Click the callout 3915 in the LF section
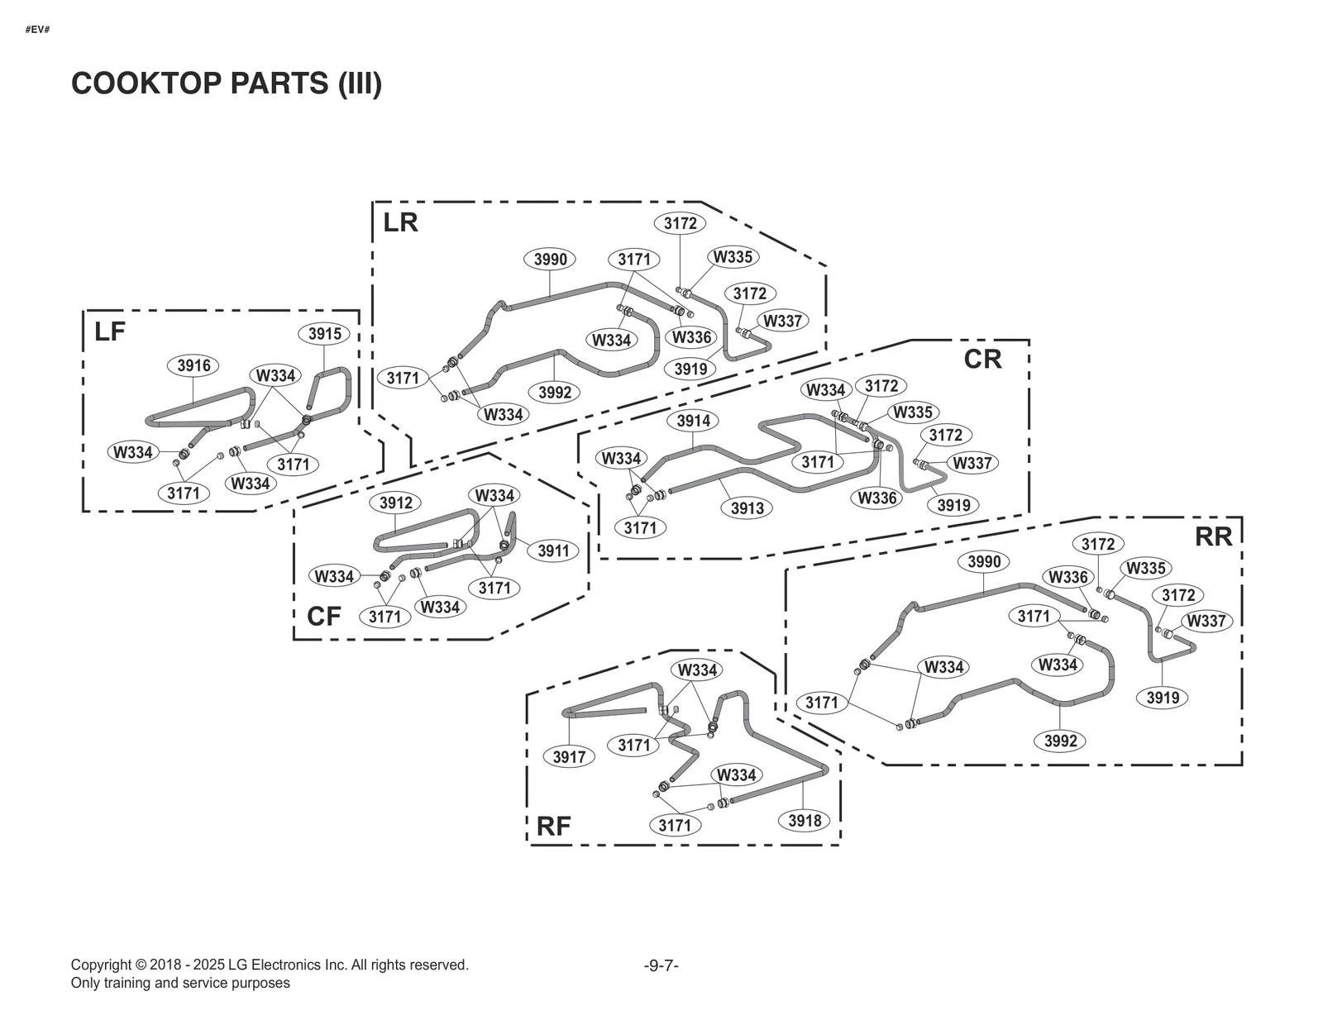324,334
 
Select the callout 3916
193,365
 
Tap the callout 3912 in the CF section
395,503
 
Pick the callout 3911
553,551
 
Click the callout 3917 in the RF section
569,756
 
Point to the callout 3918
805,820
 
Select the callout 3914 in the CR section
693,421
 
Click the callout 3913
747,508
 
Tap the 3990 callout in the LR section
550,260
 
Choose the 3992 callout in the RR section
1060,741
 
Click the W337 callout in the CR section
972,463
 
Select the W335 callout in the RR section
1145,568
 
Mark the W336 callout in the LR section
691,337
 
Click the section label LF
110,331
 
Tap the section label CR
982,359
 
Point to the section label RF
553,826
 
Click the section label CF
323,617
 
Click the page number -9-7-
661,965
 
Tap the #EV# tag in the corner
37,30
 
